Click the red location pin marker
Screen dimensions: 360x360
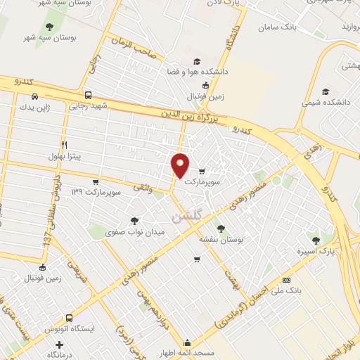point(181,165)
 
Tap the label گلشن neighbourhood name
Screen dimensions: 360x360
point(184,213)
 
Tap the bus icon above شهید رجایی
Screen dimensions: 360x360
point(87,96)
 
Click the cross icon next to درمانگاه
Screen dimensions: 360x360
point(60,345)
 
